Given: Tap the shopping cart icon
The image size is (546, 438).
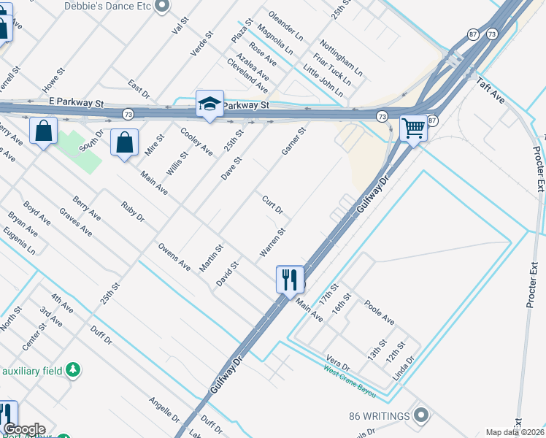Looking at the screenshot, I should coord(413,128).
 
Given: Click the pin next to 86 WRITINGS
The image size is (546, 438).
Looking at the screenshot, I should coord(420,416).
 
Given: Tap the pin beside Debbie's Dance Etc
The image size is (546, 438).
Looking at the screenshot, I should coord(163,6).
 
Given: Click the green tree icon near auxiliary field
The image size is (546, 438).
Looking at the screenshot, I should coord(72,370).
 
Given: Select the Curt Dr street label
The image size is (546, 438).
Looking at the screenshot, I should coord(273,205).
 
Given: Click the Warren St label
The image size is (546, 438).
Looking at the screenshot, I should coord(272,243).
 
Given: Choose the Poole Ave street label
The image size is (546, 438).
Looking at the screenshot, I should coord(380,313).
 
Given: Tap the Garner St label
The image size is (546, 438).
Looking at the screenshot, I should coord(293,141).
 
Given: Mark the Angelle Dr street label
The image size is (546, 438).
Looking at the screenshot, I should coord(164,411).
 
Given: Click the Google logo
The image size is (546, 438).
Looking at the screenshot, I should coord(24,429).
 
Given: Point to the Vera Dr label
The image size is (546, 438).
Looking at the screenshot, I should coord(338,363).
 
